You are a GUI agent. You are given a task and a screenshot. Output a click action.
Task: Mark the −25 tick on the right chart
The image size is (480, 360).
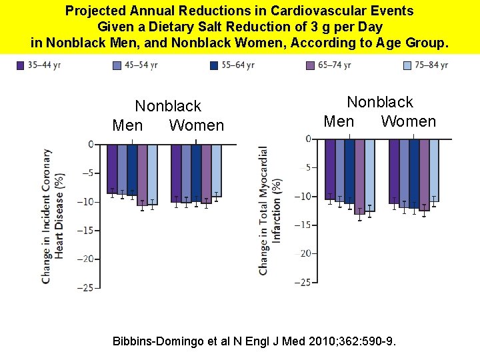coord(303,283)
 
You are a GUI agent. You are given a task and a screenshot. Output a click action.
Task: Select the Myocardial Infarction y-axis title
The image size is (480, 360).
coord(269,210)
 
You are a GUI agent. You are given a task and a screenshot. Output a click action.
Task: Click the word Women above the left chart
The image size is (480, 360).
coord(197,125)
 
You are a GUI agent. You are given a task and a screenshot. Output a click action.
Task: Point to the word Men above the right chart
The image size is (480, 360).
coord(339,121)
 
